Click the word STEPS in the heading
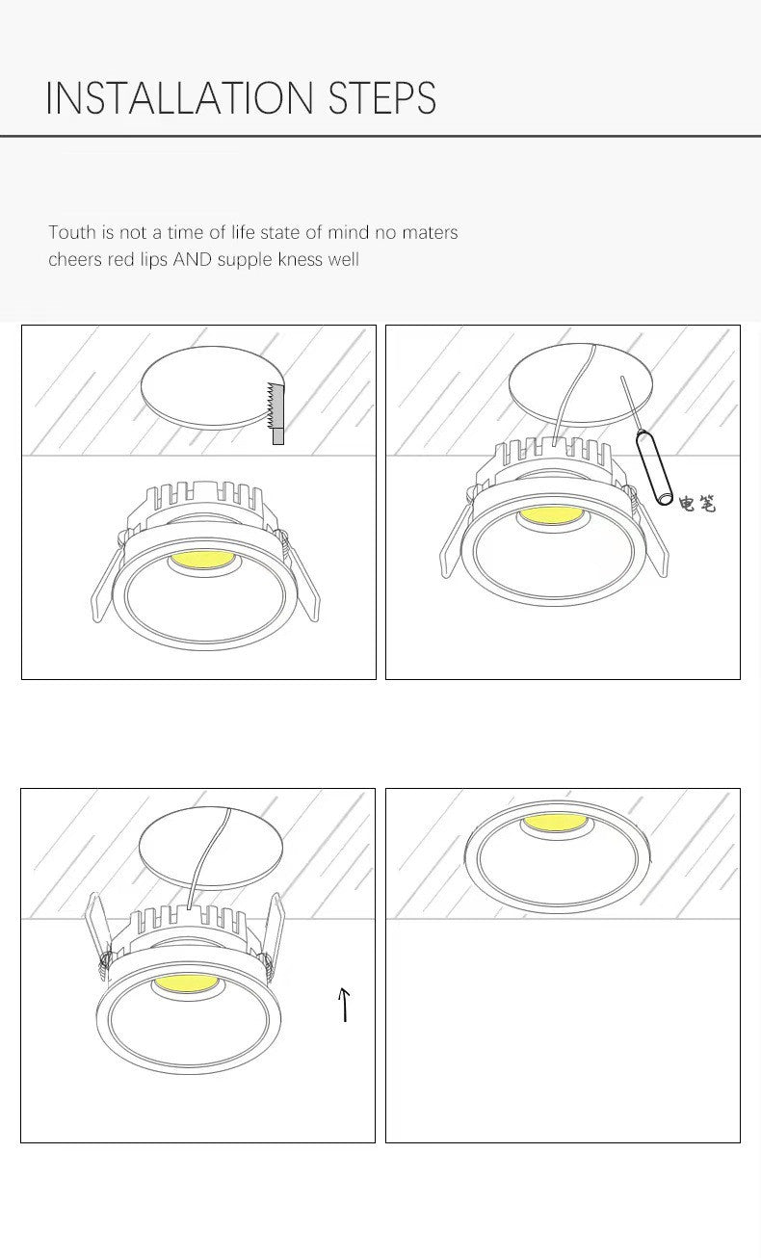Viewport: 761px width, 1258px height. (x=382, y=99)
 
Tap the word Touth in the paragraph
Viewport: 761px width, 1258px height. (x=71, y=232)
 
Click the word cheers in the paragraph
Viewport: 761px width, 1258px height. (x=77, y=259)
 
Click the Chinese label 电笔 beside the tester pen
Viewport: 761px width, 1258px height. (x=696, y=503)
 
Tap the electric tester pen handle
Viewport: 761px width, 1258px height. (x=654, y=470)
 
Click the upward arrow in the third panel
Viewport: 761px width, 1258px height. (x=344, y=1004)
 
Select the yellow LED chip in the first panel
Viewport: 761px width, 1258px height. (x=202, y=560)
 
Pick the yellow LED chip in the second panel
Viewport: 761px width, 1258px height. (x=550, y=517)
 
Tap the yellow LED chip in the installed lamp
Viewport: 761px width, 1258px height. (x=557, y=825)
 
